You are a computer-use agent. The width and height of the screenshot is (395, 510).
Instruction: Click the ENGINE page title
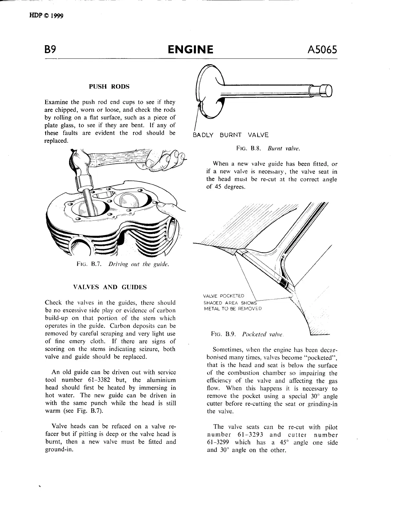click(191, 50)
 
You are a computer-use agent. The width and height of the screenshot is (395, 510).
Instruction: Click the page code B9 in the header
click(51, 50)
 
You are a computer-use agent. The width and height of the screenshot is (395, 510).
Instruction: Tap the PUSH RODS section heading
click(109, 87)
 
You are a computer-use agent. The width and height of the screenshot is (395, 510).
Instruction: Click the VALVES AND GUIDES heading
click(110, 287)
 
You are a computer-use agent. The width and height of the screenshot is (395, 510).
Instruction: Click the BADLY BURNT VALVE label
click(230, 135)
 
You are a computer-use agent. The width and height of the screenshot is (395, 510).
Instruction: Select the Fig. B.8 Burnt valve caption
click(268, 149)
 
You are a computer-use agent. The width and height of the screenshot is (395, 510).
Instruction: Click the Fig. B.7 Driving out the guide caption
click(123, 264)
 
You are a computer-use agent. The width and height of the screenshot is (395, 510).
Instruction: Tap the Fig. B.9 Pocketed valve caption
click(247, 334)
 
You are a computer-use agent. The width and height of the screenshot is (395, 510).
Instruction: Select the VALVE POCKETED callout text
click(224, 296)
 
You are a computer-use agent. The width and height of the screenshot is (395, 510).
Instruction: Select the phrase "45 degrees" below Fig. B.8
click(226, 187)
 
